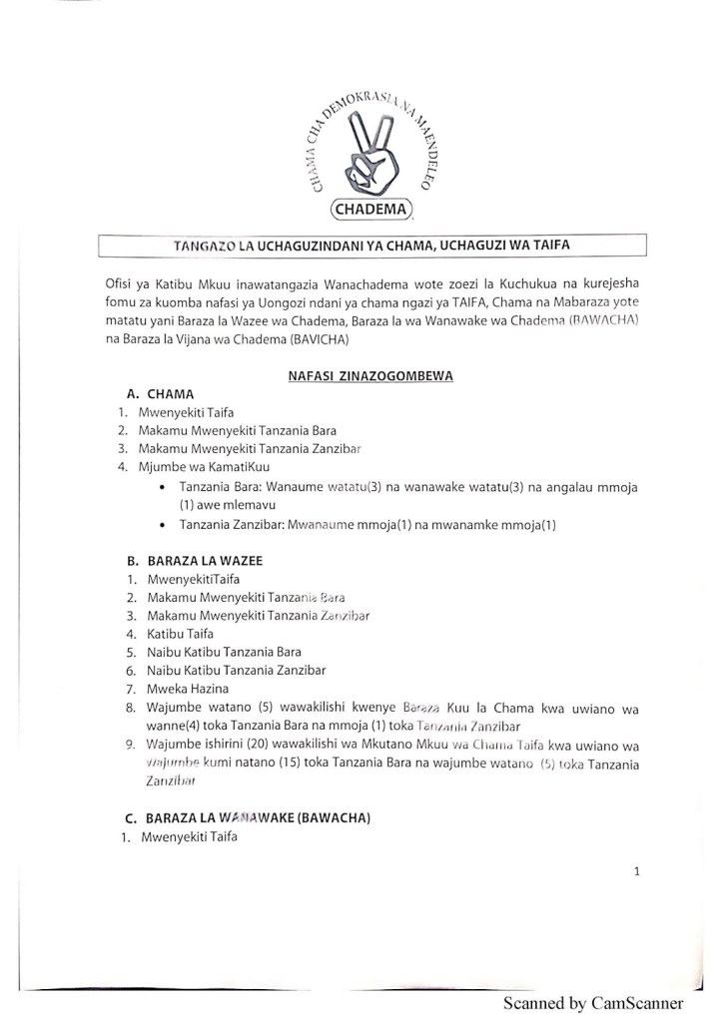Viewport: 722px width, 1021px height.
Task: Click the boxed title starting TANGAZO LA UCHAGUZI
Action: coord(367,246)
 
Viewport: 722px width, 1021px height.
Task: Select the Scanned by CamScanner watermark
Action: coord(593,1003)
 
